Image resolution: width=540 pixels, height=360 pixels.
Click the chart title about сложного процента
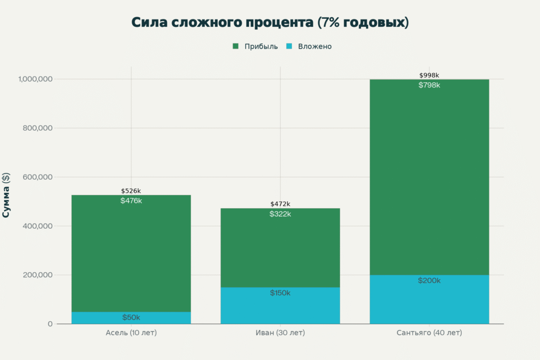click(269, 23)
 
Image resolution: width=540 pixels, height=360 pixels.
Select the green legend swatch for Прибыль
click(236, 46)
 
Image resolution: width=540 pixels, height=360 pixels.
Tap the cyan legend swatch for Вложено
click(289, 46)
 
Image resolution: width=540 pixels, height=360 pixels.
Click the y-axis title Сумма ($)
click(7, 195)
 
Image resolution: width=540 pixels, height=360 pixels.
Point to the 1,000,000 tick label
click(35, 79)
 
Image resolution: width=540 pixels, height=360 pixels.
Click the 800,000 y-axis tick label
click(37, 128)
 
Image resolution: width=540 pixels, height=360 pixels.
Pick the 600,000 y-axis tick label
click(37, 177)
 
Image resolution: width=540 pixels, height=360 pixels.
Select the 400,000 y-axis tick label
click(37, 226)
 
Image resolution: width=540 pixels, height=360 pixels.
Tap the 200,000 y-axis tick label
click(37, 275)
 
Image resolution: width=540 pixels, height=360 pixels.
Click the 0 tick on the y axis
click(50, 324)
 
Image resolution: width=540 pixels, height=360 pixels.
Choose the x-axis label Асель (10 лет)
click(131, 333)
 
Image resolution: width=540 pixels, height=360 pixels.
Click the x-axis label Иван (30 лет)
click(280, 333)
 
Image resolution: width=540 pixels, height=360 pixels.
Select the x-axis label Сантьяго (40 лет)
click(429, 333)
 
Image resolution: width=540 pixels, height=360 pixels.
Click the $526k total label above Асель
click(131, 191)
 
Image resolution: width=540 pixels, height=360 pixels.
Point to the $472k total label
click(280, 204)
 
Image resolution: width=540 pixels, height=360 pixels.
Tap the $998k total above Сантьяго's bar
click(429, 75)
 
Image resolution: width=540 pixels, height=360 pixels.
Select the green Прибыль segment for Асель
click(131, 253)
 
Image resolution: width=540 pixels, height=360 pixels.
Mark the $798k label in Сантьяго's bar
click(429, 85)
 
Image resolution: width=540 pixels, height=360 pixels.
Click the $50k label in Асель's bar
click(131, 317)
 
